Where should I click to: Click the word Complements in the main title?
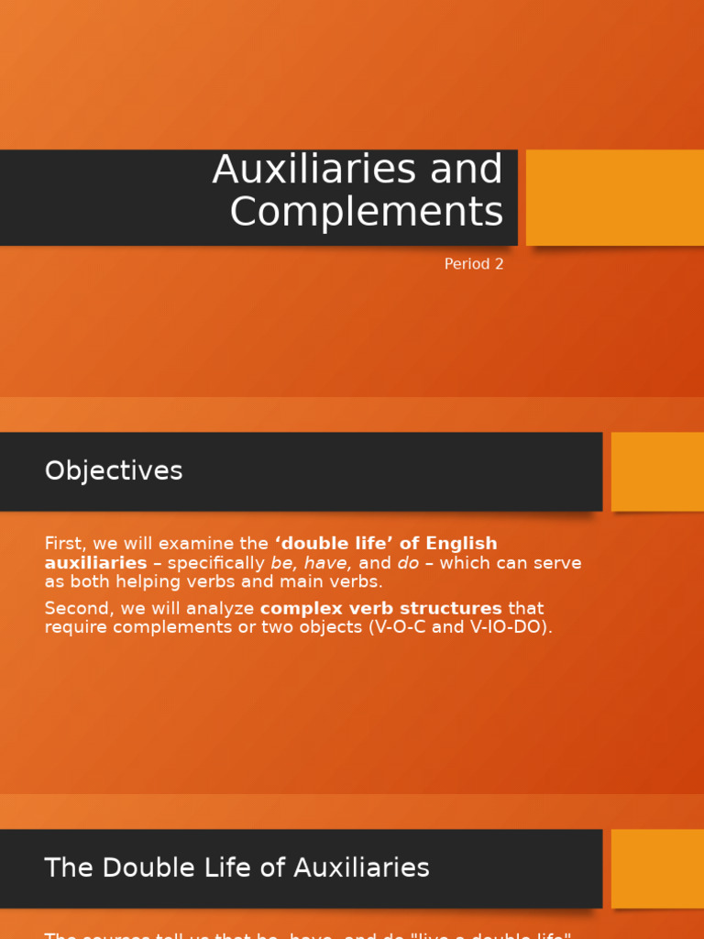(366, 212)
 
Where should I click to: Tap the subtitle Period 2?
(473, 264)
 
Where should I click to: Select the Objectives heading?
(114, 471)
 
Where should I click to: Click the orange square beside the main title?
(614, 197)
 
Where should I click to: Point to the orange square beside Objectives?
(657, 471)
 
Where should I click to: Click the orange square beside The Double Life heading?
(657, 868)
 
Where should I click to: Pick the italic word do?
(408, 563)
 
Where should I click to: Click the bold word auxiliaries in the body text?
(95, 563)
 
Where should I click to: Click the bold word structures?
(443, 609)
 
